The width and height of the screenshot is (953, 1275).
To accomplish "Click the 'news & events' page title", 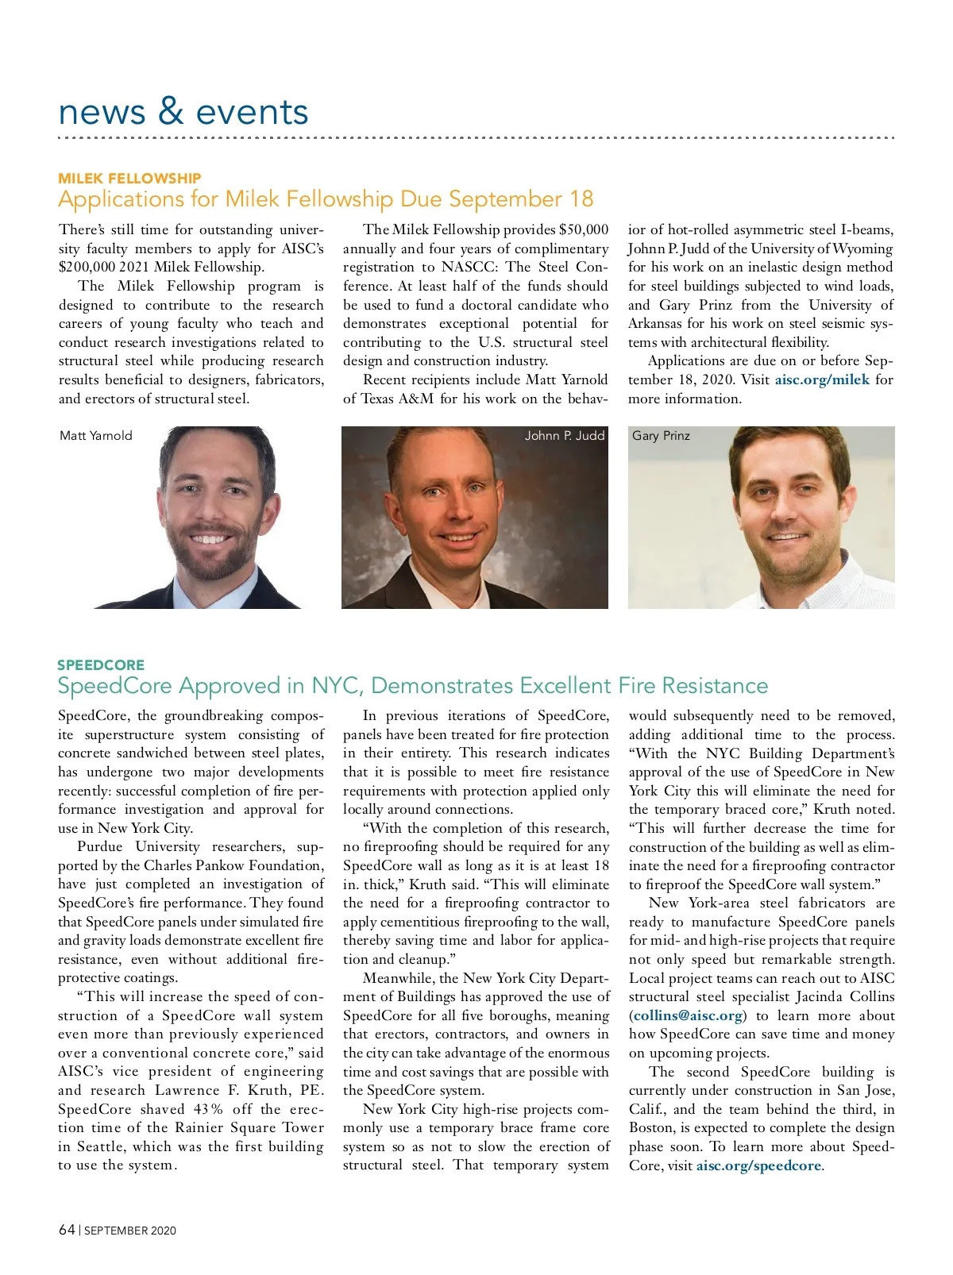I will point(183,112).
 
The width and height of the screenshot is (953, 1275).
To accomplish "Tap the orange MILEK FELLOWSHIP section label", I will point(129,178).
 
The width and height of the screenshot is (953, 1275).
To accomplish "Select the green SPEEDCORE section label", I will point(101,664).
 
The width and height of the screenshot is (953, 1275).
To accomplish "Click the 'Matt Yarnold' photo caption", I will point(96,436).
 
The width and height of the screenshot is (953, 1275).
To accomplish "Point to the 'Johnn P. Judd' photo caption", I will point(565,436).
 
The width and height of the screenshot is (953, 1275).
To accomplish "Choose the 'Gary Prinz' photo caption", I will point(661,436).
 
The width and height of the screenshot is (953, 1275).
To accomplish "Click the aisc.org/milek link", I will point(822,379).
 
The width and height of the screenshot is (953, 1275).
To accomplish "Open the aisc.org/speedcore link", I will point(758,1165).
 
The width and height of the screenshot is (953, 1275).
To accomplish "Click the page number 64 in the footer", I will point(67,1230).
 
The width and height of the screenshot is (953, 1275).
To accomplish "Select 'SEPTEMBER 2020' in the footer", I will point(130,1231).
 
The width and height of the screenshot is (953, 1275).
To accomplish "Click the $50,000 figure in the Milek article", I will point(584,229).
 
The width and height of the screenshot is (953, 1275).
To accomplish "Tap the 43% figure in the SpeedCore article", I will point(208,1109).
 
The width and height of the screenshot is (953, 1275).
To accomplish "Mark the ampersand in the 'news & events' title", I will point(171,112).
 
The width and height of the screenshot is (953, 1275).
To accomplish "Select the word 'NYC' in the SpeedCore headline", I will point(337,685).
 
